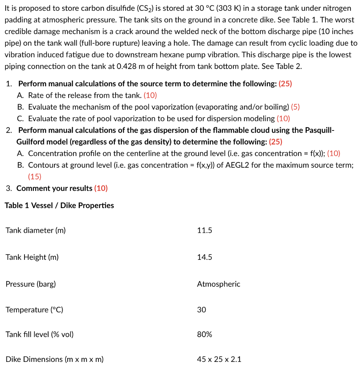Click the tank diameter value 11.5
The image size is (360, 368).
point(204,230)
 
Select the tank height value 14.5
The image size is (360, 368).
point(204,257)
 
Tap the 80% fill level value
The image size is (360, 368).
point(204,335)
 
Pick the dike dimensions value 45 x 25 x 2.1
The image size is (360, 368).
point(219,359)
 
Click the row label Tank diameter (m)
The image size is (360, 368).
point(36,230)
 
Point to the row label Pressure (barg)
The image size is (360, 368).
point(31,284)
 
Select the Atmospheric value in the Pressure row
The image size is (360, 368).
point(218,284)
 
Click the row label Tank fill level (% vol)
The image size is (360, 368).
point(40,335)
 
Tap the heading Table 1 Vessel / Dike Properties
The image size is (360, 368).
point(59,206)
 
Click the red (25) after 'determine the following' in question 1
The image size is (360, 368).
point(286,84)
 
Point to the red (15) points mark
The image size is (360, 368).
point(35,176)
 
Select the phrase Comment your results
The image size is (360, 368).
point(54,188)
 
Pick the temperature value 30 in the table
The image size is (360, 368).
point(201,310)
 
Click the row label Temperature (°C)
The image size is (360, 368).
point(34,310)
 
